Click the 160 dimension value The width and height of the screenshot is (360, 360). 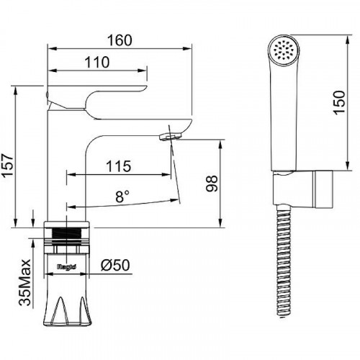pyautogui.click(x=120, y=40)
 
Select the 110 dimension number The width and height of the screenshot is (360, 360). pyautogui.click(x=97, y=63)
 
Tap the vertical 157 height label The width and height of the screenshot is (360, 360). pyautogui.click(x=7, y=166)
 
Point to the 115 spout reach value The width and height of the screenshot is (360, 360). pyautogui.click(x=119, y=166)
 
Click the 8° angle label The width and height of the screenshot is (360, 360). pyautogui.click(x=122, y=197)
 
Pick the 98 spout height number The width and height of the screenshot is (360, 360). pyautogui.click(x=212, y=184)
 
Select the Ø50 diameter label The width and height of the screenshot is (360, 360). pyautogui.click(x=115, y=265)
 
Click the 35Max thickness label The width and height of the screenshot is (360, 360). pyautogui.click(x=25, y=282)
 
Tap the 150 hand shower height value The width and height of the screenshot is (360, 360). pyautogui.click(x=339, y=102)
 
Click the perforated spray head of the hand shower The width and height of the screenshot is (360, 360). pyautogui.click(x=284, y=51)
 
